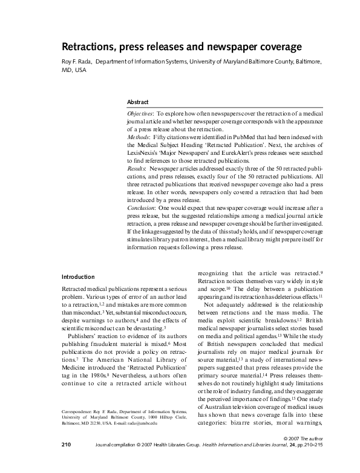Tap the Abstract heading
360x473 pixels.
point(137,102)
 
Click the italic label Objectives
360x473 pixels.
point(140,113)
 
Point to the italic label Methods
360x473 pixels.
point(137,137)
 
